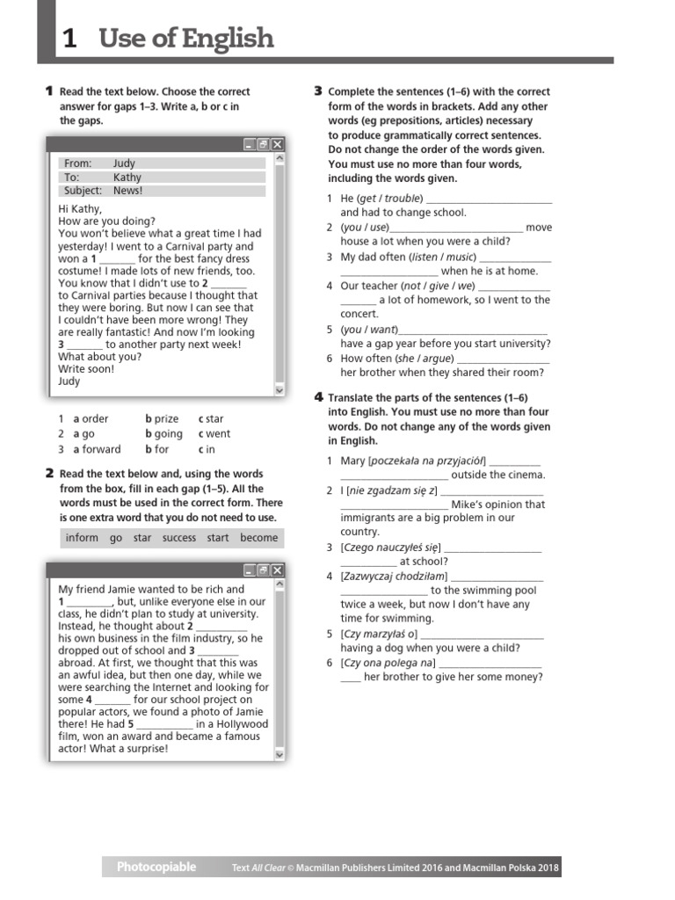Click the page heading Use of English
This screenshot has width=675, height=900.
click(185, 39)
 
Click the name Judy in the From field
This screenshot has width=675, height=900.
click(124, 163)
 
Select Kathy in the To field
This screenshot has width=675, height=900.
click(127, 177)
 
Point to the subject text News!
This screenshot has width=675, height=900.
click(127, 191)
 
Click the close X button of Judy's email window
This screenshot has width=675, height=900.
click(277, 144)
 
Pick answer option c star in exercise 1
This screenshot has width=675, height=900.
click(211, 419)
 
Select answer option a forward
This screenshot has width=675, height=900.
click(97, 449)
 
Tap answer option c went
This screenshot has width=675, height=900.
click(214, 434)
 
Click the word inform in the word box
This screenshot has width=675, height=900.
click(82, 538)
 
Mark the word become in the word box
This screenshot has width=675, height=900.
click(258, 538)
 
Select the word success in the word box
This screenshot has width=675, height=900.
click(179, 538)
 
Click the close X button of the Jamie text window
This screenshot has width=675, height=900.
click(277, 570)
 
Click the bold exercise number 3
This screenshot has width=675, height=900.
click(318, 91)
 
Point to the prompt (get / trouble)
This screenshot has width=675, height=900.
click(389, 199)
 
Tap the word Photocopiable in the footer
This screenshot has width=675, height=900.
click(156, 867)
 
